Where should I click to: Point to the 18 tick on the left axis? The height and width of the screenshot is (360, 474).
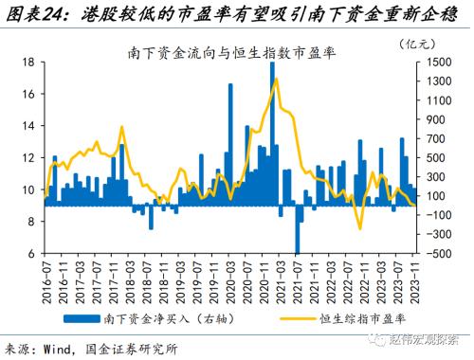28,62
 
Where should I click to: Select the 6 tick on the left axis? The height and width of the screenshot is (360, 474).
31,253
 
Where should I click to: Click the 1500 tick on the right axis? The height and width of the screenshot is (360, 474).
440,62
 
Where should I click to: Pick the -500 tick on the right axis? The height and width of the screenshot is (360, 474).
439,253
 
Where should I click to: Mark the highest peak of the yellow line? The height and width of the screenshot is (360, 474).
276,79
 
